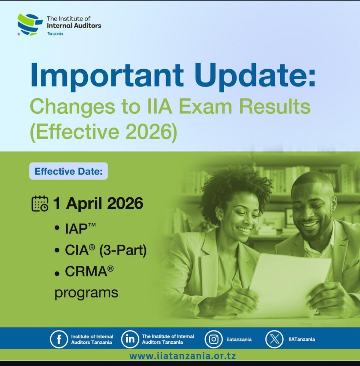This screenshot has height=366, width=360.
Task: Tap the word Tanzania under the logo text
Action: coord(55,34)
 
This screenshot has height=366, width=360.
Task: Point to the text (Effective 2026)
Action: coord(103,132)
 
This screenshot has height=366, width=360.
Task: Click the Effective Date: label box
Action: coord(68,171)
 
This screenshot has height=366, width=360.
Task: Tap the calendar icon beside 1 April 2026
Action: coord(40,203)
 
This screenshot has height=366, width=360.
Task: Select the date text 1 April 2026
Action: coord(98,203)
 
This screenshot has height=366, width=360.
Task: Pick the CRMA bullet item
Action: coord(86,271)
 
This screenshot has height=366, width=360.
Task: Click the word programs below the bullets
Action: coord(86,293)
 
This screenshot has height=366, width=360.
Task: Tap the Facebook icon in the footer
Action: coord(58,339)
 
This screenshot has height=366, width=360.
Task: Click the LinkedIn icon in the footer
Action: coord(129,339)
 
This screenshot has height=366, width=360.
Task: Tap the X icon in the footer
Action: coord(273,339)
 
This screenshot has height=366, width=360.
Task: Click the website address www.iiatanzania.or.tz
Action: coord(182,356)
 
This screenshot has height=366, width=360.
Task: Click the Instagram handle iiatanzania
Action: coord(239,339)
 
